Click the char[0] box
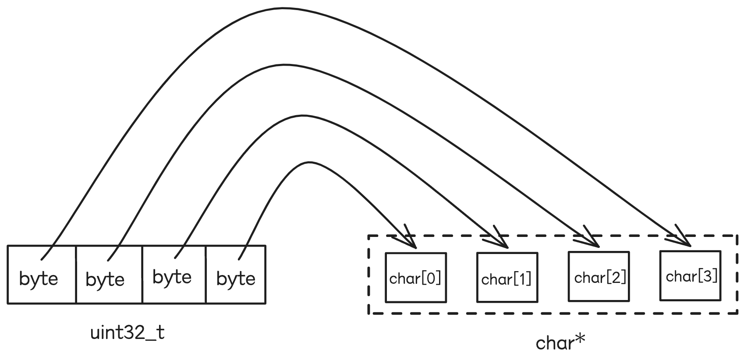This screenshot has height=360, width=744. tap(415, 278)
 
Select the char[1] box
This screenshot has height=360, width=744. tap(507, 278)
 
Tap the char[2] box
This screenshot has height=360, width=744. tap(599, 277)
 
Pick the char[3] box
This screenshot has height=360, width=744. tap(690, 276)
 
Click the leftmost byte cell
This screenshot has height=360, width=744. tap(42, 275)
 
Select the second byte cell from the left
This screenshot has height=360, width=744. tap(109, 275)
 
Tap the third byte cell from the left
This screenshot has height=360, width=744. tap(174, 275)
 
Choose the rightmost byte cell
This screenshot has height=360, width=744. tap(236, 275)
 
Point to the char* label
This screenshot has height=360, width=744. tap(560, 342)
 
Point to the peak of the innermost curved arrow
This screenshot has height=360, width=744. tap(309, 163)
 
